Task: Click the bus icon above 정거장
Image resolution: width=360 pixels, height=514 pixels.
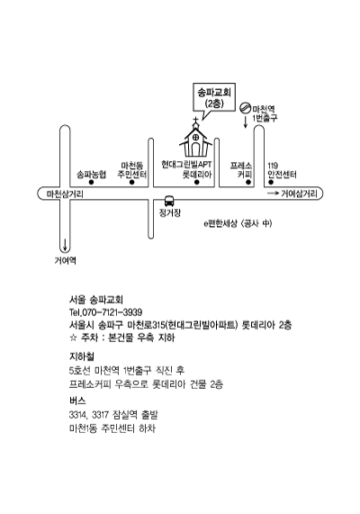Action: (169, 201)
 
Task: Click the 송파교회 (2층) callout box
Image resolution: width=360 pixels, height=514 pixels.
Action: (214, 97)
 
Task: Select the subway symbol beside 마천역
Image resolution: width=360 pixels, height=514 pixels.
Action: (245, 107)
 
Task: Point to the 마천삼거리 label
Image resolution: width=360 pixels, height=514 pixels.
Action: (65, 194)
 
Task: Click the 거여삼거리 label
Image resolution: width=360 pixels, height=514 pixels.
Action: (300, 194)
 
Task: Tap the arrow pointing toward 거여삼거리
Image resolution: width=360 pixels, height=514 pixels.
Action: (273, 194)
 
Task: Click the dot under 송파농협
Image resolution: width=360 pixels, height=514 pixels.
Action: (91, 182)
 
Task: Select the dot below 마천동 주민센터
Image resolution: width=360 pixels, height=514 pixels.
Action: (131, 182)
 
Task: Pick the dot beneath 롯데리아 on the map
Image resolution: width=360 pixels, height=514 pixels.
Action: (197, 182)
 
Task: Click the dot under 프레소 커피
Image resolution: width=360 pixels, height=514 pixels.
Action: (248, 182)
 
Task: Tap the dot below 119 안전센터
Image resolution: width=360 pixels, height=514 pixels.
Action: (271, 182)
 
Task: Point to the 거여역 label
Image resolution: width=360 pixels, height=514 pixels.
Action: (65, 261)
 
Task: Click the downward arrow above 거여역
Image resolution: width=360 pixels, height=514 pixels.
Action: (65, 245)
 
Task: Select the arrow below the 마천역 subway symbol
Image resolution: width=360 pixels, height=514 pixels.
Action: (245, 122)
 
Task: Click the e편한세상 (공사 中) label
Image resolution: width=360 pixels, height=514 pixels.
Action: (238, 223)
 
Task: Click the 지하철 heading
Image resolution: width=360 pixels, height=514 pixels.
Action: (82, 356)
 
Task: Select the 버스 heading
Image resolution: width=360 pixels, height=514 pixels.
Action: (77, 401)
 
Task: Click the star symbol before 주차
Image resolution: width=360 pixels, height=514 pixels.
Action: (73, 338)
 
